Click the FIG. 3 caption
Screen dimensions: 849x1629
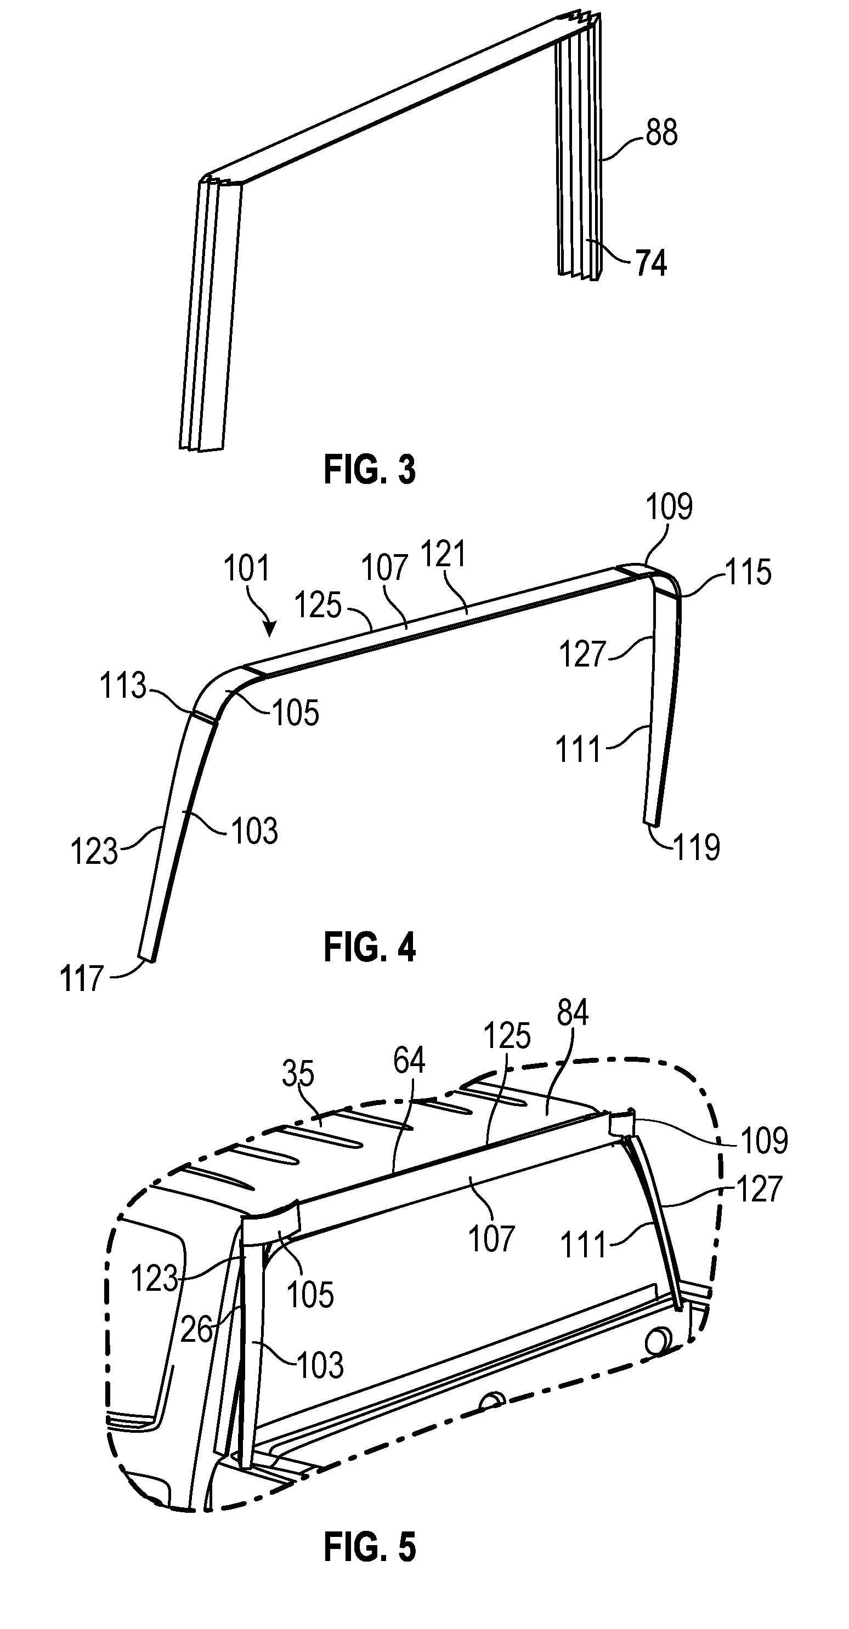pyautogui.click(x=370, y=470)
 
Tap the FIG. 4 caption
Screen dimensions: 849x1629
pyautogui.click(x=370, y=947)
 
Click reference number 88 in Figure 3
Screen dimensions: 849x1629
pyautogui.click(x=662, y=133)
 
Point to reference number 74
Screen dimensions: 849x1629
pyautogui.click(x=651, y=263)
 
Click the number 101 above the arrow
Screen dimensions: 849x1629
pyautogui.click(x=247, y=567)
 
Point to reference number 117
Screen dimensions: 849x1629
pyautogui.click(x=82, y=978)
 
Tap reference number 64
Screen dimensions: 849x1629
pyautogui.click(x=409, y=1060)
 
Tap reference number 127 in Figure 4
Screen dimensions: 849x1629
pyautogui.click(x=582, y=654)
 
